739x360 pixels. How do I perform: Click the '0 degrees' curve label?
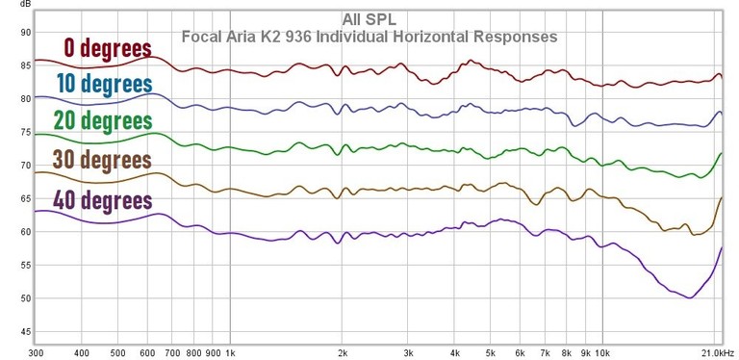[108, 48]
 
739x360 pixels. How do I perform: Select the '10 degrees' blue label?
[105, 85]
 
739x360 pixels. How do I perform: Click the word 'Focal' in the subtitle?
[201, 38]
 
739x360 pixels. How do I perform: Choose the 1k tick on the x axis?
[229, 353]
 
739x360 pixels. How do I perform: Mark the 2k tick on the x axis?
[342, 353]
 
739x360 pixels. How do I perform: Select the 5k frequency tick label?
[490, 353]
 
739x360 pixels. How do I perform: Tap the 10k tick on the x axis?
[603, 353]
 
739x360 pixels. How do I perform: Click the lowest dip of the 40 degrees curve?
[689, 297]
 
